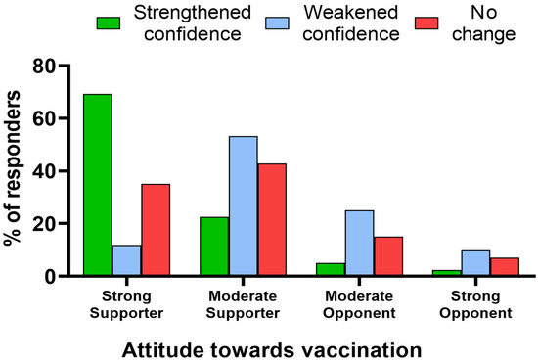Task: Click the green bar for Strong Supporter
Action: [x=97, y=185]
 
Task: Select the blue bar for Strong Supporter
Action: [x=126, y=260]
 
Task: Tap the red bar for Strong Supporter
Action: [x=155, y=230]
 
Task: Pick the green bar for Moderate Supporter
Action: [x=213, y=247]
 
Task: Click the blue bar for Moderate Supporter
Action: [x=243, y=205]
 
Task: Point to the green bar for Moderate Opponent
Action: [x=330, y=269]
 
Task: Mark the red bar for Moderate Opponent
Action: [x=387, y=256]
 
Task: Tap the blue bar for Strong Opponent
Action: [x=475, y=263]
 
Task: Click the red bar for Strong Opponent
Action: [x=504, y=267]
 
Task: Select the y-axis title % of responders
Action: [x=15, y=171]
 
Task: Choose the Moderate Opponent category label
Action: [x=359, y=305]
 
